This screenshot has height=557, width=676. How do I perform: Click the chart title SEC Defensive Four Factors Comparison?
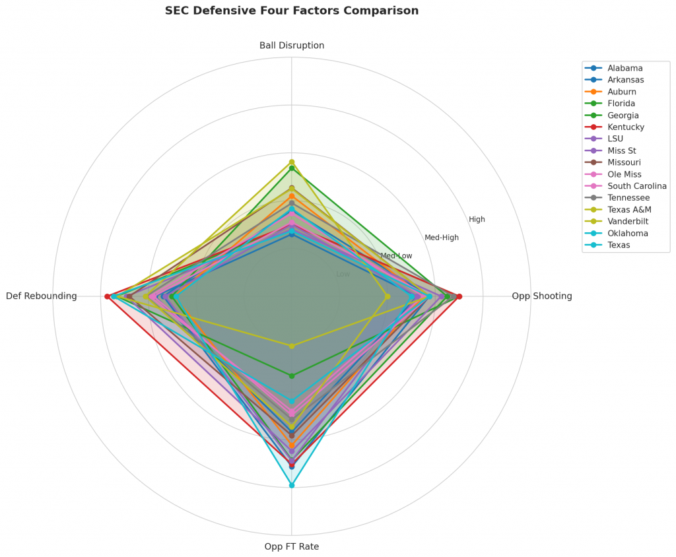[291, 11]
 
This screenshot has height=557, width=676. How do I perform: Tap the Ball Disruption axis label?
[292, 46]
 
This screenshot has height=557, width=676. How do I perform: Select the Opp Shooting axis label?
[542, 296]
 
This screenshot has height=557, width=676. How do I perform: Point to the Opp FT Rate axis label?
[292, 546]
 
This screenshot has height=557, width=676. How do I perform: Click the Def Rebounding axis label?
[42, 296]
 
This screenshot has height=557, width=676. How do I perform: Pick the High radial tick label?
[477, 219]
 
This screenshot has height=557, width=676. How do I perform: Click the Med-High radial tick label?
[442, 238]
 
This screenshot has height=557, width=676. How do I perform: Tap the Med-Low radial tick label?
[396, 256]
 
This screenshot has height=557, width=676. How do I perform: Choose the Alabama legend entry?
[625, 68]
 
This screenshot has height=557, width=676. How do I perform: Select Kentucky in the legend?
[626, 127]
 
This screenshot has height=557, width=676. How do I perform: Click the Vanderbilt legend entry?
[628, 221]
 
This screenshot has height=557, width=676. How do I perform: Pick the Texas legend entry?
[619, 245]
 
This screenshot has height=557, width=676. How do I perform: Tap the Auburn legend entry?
[622, 92]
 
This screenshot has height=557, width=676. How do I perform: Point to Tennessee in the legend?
[628, 198]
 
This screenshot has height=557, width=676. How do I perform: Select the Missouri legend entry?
[624, 162]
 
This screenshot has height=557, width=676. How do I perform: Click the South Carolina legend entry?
[637, 186]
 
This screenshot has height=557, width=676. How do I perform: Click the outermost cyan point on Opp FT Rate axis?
[292, 485]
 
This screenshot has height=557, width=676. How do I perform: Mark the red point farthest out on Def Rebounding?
[107, 296]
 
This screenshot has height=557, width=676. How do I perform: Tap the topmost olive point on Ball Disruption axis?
[292, 162]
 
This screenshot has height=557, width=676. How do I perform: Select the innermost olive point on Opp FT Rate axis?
[292, 346]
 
